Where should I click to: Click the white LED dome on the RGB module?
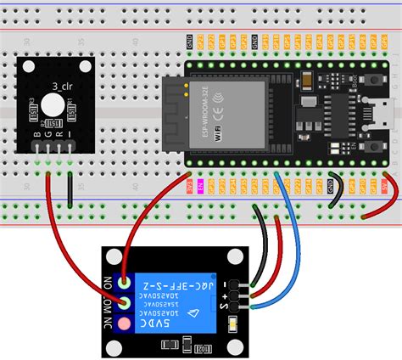tap(52, 105)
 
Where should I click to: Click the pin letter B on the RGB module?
tap(36, 134)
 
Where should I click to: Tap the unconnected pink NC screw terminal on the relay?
tap(126, 323)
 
